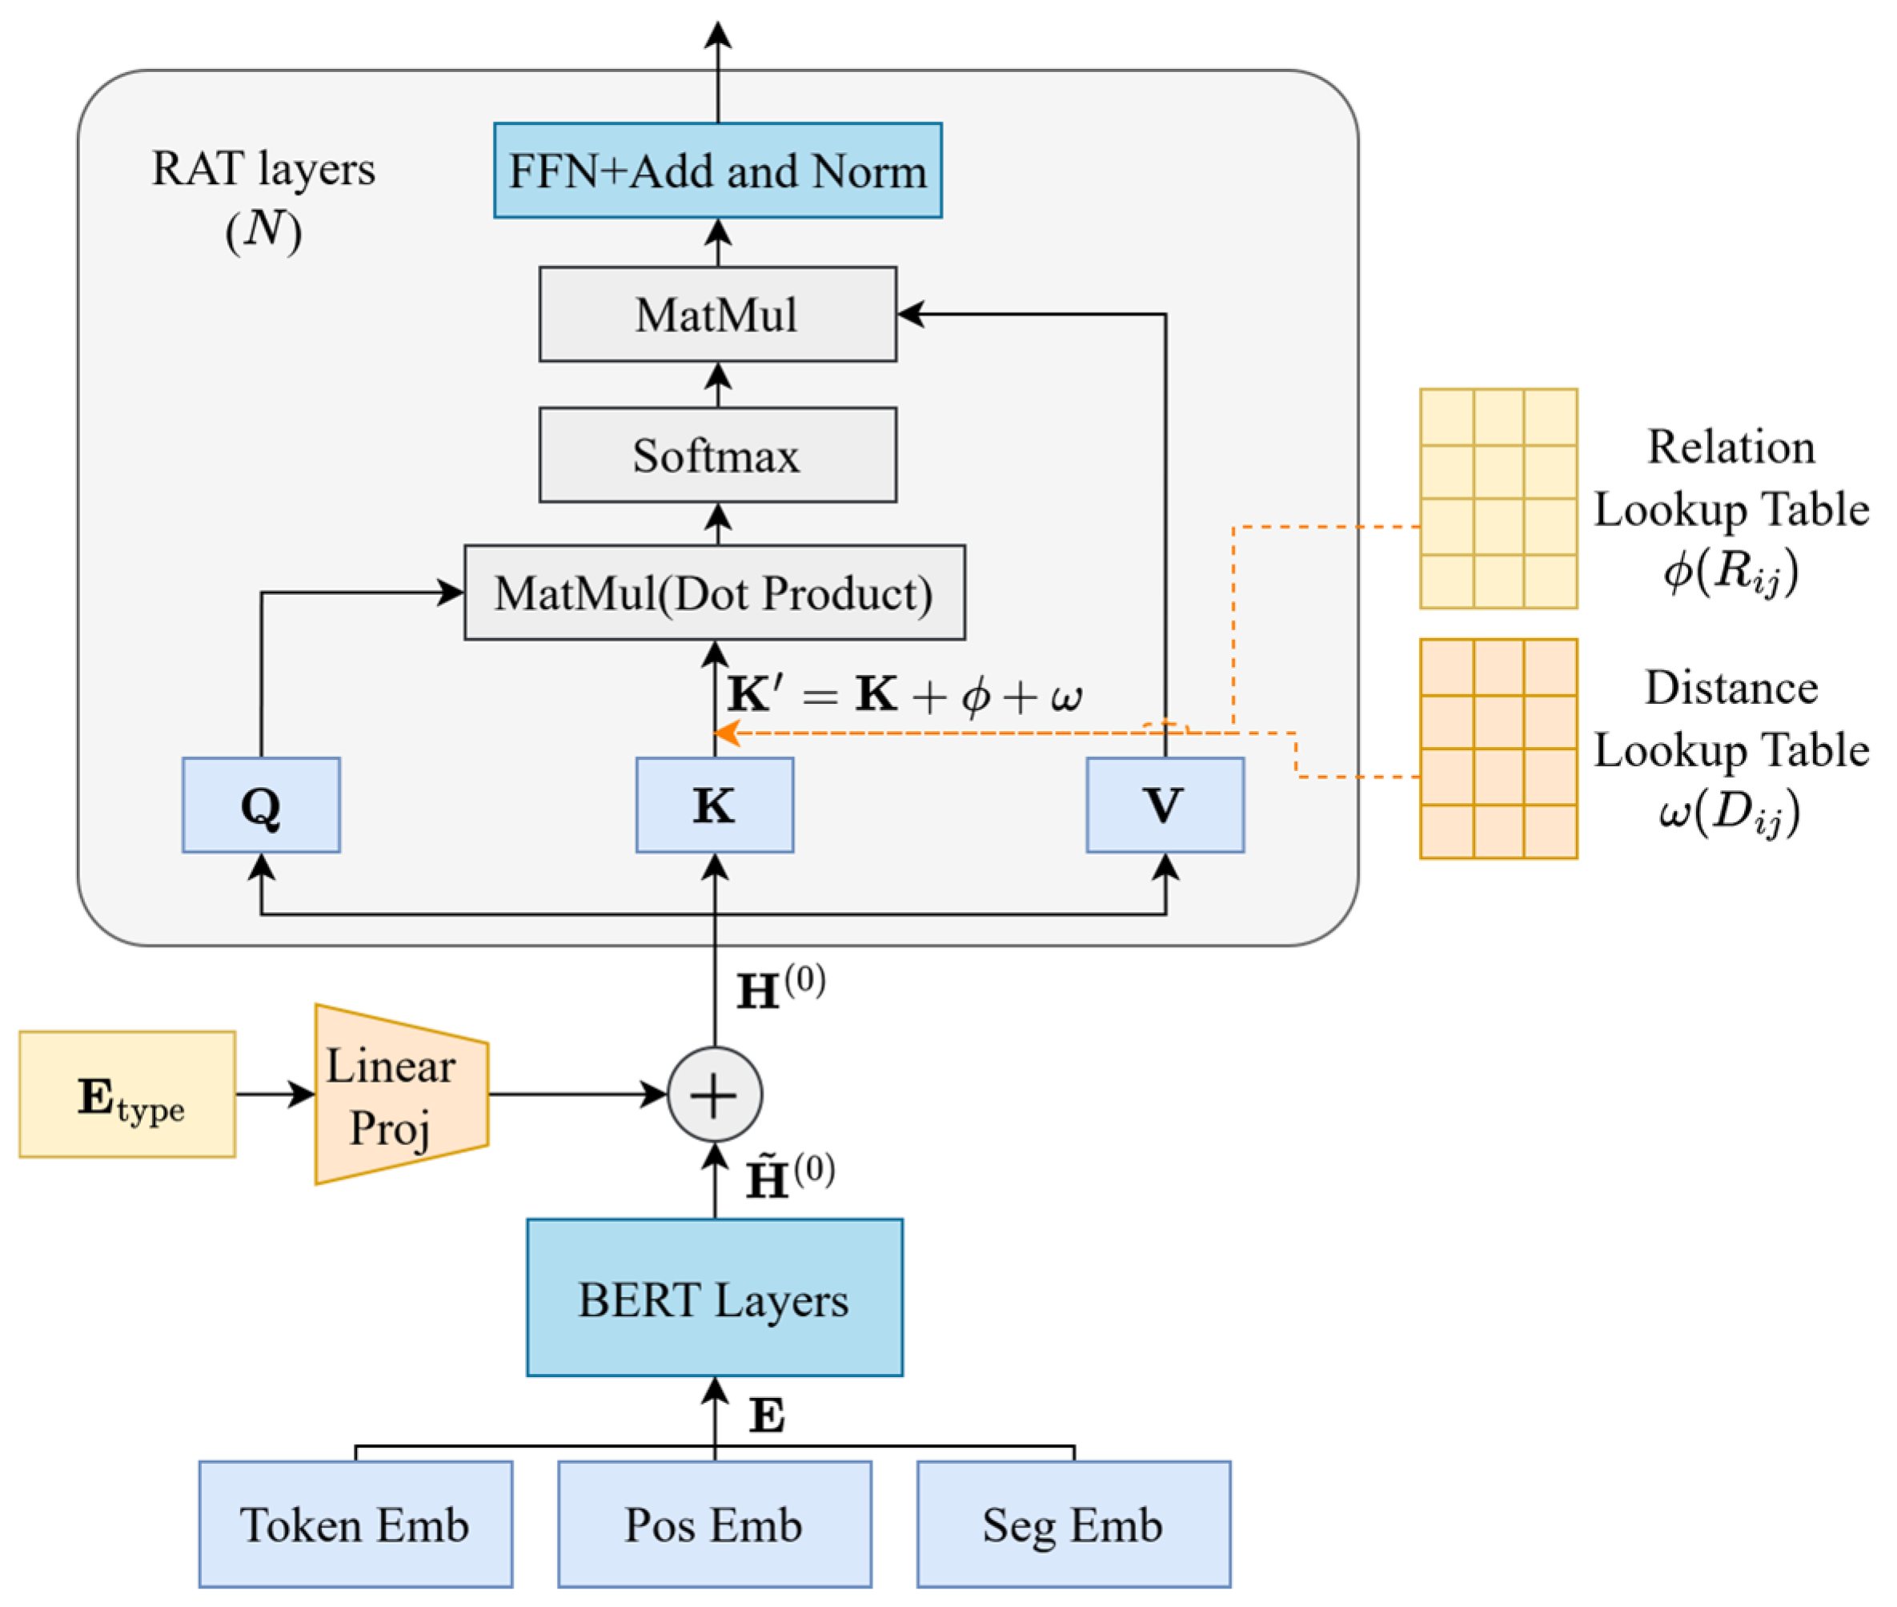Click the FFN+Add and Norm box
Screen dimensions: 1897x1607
pos(718,171)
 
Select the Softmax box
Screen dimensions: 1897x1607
pos(718,455)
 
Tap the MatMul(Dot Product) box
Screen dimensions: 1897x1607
pos(715,593)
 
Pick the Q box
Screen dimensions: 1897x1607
pos(262,806)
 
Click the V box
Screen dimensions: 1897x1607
pos(1165,806)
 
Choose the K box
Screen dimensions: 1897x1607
pos(715,806)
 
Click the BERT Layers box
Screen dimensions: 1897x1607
pos(715,1298)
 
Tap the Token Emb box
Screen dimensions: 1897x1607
pos(356,1525)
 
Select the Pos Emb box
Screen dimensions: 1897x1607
pos(715,1525)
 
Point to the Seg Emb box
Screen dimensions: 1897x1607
pos(1073,1525)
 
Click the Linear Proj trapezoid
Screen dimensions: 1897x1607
pos(402,1094)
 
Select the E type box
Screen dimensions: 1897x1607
pos(127,1094)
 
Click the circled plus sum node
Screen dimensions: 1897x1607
pos(715,1094)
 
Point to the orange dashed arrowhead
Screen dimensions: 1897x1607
pos(726,733)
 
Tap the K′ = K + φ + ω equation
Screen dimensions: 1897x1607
pos(904,695)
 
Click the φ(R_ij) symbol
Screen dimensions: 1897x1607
pos(1731,572)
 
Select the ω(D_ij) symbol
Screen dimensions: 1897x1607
pos(1729,813)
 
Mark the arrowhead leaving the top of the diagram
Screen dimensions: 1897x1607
pos(718,34)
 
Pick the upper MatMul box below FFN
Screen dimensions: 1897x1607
pos(718,315)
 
